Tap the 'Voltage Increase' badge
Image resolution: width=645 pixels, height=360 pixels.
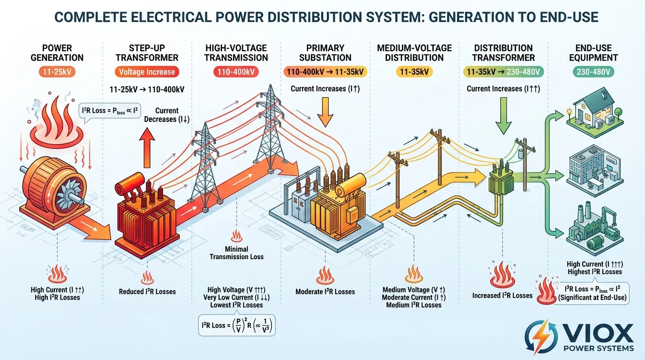(147, 72)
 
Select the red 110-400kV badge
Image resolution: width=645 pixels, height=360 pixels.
(236, 72)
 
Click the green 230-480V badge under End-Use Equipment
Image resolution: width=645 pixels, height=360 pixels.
(592, 72)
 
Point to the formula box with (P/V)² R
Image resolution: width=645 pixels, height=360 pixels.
(237, 325)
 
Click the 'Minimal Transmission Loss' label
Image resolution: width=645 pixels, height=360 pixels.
(236, 253)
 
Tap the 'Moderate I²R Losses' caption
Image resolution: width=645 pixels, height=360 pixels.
(325, 292)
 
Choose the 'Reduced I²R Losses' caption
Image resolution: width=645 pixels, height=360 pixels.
(147, 292)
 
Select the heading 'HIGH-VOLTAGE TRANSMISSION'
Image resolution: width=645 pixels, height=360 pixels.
(236, 53)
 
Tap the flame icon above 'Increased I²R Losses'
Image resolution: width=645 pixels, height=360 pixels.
(502, 275)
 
